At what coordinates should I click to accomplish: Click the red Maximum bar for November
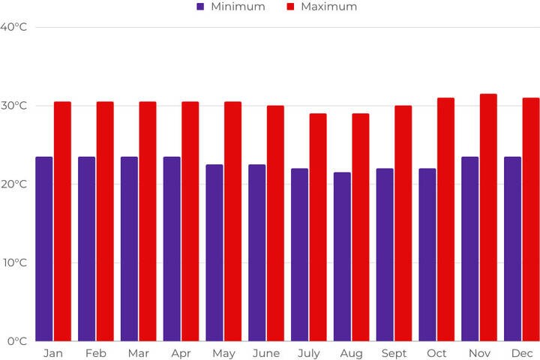[x=488, y=217]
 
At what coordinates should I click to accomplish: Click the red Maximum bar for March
[x=148, y=221]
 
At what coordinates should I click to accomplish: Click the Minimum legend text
[x=238, y=7]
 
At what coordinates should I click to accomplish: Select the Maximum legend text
[x=328, y=7]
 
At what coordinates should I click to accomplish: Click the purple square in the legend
[x=200, y=7]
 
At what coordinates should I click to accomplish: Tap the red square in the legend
[x=290, y=7]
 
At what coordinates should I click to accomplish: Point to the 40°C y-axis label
[x=13, y=27]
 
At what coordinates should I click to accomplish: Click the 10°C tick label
[x=13, y=262]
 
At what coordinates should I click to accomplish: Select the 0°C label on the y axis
[x=16, y=341]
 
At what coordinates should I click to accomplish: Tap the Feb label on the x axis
[x=95, y=353]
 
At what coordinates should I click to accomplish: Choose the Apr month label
[x=181, y=353]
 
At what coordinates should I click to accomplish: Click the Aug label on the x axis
[x=351, y=353]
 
